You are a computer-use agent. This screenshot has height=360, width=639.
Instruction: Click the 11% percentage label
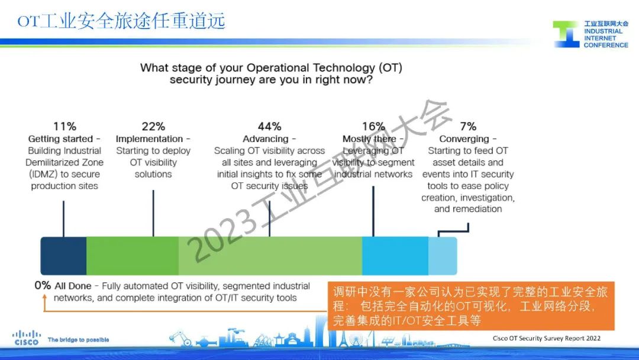(x=64, y=126)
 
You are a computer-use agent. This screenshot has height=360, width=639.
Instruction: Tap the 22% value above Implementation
(x=153, y=126)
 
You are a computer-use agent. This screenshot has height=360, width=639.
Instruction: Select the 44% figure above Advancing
(x=269, y=126)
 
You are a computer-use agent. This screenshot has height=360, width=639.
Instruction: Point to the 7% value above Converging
(x=468, y=126)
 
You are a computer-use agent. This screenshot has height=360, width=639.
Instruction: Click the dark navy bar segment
(x=63, y=256)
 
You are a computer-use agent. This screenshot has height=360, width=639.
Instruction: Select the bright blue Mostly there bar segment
(x=395, y=256)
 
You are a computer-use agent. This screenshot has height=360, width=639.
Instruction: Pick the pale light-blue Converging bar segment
(x=443, y=256)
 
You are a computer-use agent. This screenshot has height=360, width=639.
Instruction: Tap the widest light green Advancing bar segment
(x=270, y=256)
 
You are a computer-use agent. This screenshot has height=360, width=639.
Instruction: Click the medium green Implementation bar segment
(x=133, y=256)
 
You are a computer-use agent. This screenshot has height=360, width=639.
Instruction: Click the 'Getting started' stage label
(x=61, y=139)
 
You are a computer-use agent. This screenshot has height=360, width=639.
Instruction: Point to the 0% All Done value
(x=43, y=285)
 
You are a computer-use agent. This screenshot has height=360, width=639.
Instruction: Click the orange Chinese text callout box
(x=470, y=306)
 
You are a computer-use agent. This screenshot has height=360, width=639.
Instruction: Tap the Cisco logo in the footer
(x=27, y=338)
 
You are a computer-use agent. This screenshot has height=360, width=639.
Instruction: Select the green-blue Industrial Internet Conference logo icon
(x=566, y=34)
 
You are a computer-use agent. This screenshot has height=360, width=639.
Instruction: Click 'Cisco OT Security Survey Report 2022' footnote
(x=547, y=338)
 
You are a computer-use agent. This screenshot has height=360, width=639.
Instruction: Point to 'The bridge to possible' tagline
(x=78, y=340)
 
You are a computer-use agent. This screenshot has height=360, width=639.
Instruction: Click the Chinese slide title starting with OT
(x=121, y=21)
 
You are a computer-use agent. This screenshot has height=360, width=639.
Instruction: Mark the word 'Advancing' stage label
(x=266, y=139)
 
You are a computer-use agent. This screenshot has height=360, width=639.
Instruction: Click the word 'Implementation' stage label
(x=150, y=139)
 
